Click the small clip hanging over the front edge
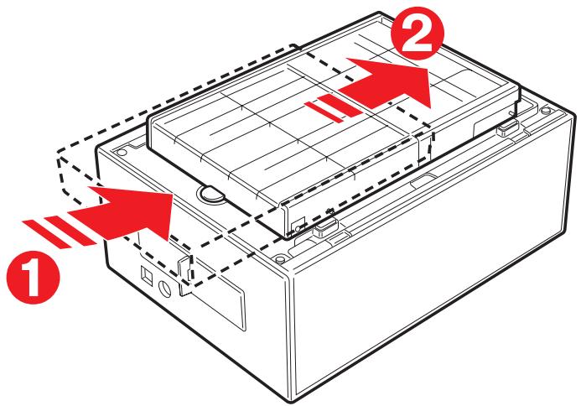pos(186,267)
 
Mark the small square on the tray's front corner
pos(299,223)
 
